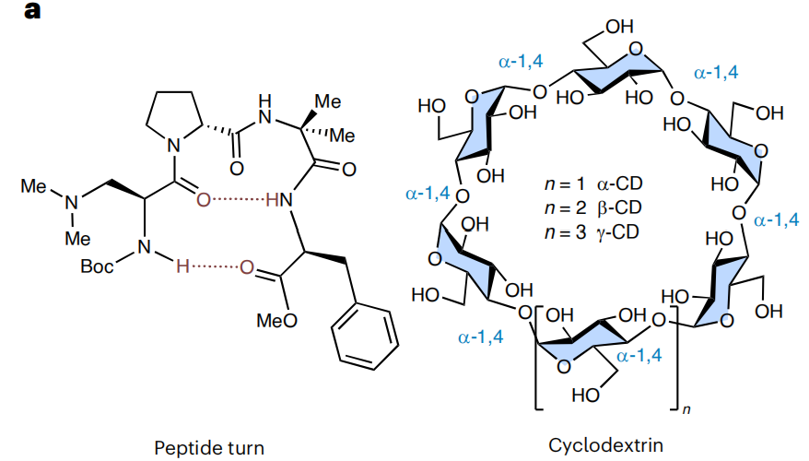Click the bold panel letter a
[x=32, y=10]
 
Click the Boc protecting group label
[x=97, y=266]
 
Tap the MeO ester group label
[x=277, y=321]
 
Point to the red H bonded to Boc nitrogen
[x=182, y=266]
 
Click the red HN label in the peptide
[x=279, y=200]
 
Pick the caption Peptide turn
[x=209, y=447]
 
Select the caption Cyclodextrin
[x=605, y=444]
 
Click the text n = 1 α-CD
[x=593, y=183]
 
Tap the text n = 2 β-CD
[x=593, y=207]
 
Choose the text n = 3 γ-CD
[x=592, y=231]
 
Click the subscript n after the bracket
[x=686, y=409]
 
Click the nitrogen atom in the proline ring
[x=174, y=145]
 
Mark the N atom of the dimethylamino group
[x=71, y=202]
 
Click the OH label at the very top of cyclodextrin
[x=619, y=27]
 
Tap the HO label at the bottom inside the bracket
[x=586, y=395]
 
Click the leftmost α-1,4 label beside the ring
[x=428, y=194]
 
